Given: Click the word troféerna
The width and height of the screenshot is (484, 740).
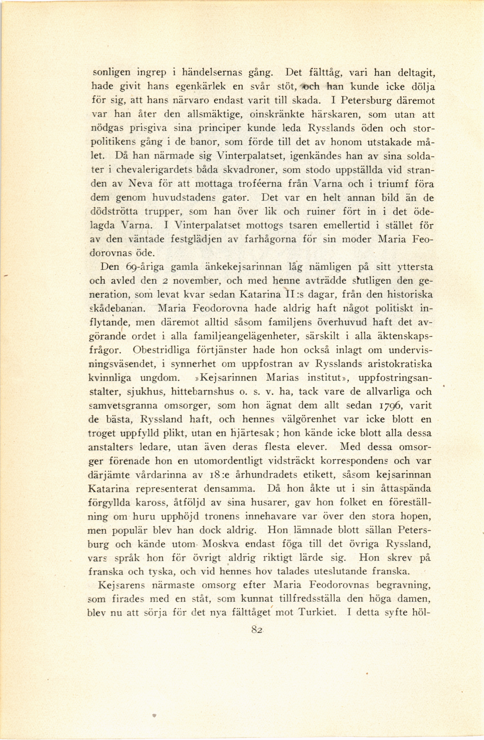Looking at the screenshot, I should pyautogui.click(x=260, y=184).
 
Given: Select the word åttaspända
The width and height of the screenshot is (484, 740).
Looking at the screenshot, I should pyautogui.click(x=406, y=489).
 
